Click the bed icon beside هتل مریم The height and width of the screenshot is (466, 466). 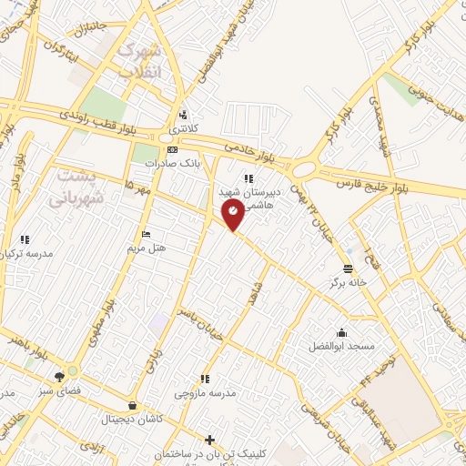(147, 234)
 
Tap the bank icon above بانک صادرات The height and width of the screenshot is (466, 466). (172, 149)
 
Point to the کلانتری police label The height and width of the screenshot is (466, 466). (186, 129)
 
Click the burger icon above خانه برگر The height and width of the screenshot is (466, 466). (349, 268)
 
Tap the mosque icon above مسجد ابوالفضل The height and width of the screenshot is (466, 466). (340, 332)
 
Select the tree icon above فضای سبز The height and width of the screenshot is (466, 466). (59, 375)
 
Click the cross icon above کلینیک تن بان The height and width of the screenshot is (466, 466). (210, 440)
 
